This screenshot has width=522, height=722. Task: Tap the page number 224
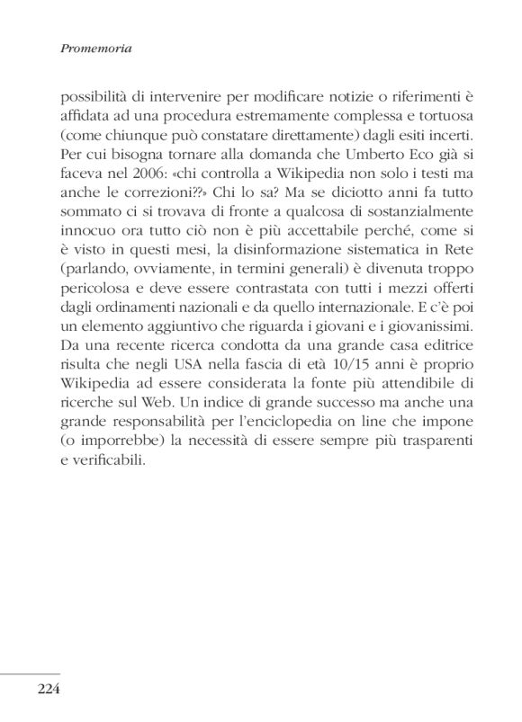point(49,691)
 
